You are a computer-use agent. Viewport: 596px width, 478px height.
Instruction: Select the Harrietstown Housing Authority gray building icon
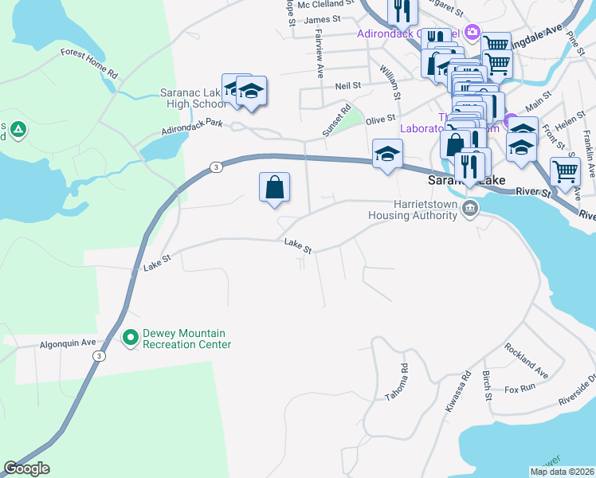[470, 210]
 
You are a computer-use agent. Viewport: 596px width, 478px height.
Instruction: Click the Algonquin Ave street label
[68, 343]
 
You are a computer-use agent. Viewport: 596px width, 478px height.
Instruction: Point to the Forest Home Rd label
[89, 64]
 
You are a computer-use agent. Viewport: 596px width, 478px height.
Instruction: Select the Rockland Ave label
[526, 361]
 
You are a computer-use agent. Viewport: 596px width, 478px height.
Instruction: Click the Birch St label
[486, 386]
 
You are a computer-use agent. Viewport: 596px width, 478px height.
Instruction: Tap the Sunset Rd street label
[335, 122]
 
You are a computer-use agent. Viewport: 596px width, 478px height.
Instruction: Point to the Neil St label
[349, 85]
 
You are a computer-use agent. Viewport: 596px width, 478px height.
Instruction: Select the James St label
[322, 20]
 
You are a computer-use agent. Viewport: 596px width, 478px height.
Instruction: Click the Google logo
[26, 468]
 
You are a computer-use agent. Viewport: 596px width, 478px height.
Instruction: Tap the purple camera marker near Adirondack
[472, 32]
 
